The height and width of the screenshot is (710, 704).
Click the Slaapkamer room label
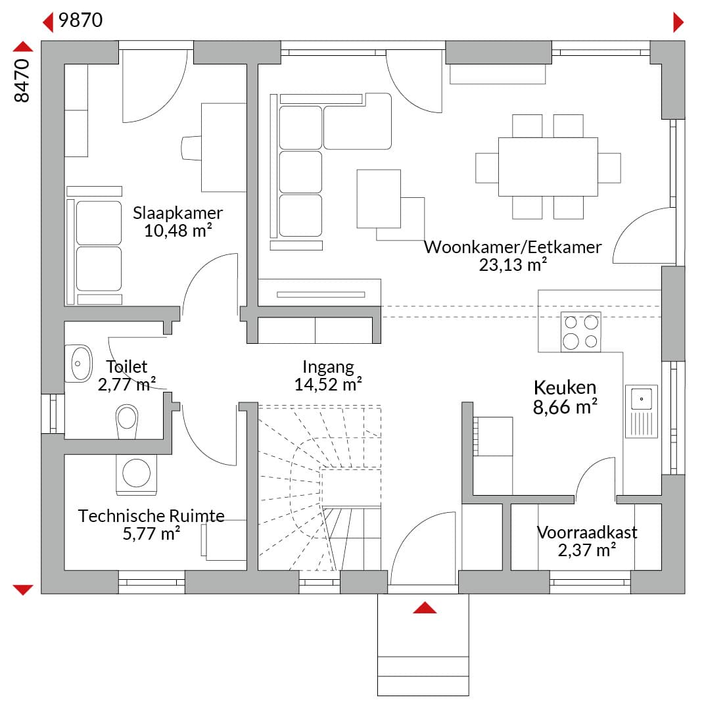coord(177,213)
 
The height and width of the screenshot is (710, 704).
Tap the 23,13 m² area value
coord(513,264)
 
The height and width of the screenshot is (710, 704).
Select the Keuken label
coord(565,388)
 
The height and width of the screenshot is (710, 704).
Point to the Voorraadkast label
coord(587,532)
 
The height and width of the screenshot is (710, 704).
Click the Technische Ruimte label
coord(151,516)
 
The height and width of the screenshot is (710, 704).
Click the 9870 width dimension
coord(81,20)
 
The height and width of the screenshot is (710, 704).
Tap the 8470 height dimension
coord(22,81)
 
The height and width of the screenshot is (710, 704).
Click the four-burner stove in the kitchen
coord(581,332)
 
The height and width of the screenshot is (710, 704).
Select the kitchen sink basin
coord(642,399)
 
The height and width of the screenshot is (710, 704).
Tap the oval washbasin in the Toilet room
coord(82,363)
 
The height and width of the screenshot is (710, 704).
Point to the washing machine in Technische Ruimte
coord(136,475)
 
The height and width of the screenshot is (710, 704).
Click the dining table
coord(548,166)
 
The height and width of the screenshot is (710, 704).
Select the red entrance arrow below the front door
coord(425,607)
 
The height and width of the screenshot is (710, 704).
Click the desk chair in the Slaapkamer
coord(191,148)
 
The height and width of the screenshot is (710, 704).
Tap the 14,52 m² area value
coord(328,385)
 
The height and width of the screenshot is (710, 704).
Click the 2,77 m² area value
coord(127,385)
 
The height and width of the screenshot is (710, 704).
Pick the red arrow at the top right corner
coord(678,22)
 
